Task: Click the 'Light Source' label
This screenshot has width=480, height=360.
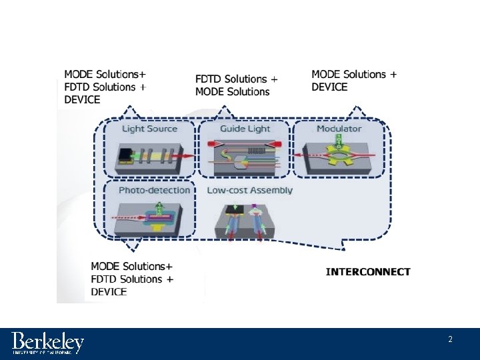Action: click(149, 128)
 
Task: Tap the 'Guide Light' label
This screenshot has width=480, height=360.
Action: click(244, 128)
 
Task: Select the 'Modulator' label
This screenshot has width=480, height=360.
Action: click(339, 128)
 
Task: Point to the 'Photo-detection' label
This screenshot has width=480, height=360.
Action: click(153, 190)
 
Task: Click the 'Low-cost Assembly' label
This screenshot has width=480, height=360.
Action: click(249, 190)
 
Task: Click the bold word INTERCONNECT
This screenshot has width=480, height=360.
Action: click(368, 271)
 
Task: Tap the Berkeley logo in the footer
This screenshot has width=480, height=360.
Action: click(48, 343)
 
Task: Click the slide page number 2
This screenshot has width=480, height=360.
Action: click(450, 339)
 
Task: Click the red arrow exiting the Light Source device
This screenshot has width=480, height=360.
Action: click(187, 155)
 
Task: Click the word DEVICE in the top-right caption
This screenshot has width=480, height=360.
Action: click(329, 87)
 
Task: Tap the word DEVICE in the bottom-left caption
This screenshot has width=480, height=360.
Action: click(109, 291)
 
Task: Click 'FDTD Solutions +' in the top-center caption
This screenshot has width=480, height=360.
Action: click(237, 79)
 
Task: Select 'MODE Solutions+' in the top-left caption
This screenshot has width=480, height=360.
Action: click(105, 74)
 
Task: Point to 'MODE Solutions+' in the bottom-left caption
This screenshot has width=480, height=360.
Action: click(131, 267)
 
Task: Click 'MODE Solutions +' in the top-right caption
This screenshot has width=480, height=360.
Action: click(354, 74)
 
